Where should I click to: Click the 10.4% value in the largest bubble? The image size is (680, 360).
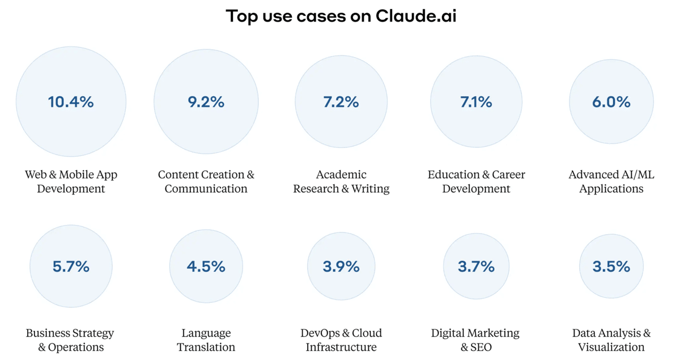(x=71, y=102)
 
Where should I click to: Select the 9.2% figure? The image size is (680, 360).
(x=206, y=102)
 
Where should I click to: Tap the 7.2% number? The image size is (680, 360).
(x=341, y=102)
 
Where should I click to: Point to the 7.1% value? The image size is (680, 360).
(x=476, y=102)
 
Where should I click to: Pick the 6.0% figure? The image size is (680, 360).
(x=611, y=102)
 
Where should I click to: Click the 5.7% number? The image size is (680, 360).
(x=71, y=266)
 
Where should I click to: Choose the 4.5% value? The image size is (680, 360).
(x=206, y=266)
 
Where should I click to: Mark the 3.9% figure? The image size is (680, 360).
(x=341, y=266)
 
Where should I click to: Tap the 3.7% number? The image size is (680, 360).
(x=476, y=266)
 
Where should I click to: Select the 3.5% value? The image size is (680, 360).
(x=611, y=266)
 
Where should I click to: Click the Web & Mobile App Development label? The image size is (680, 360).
(x=71, y=181)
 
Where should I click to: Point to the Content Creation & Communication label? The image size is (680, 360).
(x=206, y=181)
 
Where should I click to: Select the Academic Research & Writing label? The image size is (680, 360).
(x=341, y=181)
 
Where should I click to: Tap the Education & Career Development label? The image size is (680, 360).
(x=476, y=181)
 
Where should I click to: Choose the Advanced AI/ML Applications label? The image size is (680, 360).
(x=611, y=181)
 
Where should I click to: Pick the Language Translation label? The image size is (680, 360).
(x=206, y=340)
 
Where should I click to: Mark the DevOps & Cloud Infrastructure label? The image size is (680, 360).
(x=341, y=340)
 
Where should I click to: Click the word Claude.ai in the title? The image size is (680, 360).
(x=416, y=16)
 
